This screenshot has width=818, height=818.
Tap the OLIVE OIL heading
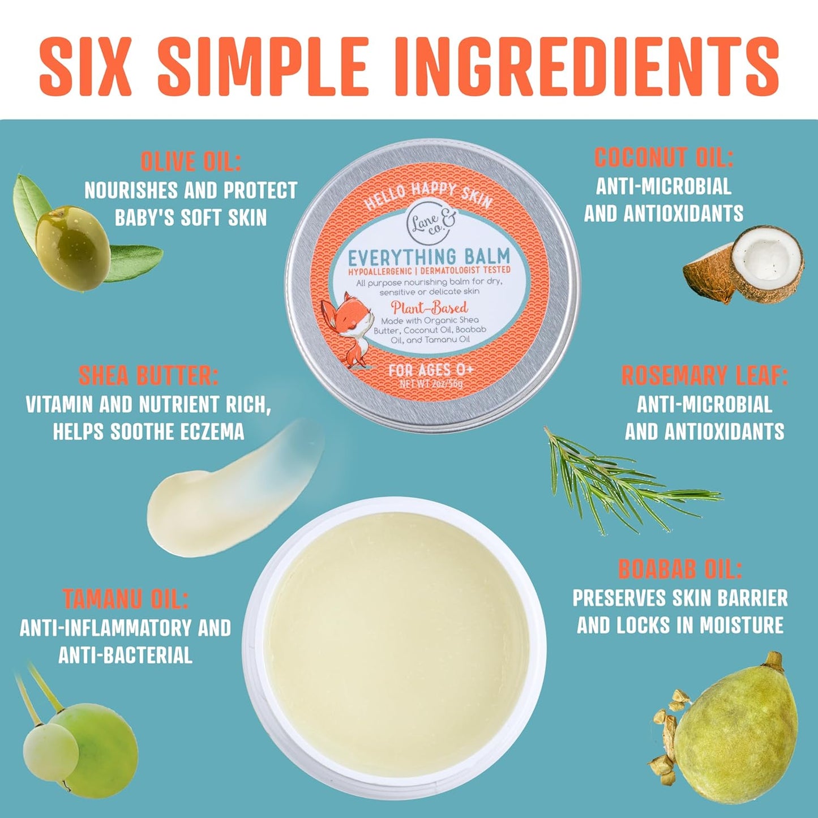tap(191, 161)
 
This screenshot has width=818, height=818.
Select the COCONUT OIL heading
tap(663, 157)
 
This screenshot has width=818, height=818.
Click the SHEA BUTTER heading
tap(148, 375)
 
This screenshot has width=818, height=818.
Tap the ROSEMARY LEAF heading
tap(704, 375)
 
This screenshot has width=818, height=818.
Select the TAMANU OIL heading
tap(125, 599)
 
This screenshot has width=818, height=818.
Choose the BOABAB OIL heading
tap(679, 569)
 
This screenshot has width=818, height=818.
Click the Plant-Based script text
tap(429, 307)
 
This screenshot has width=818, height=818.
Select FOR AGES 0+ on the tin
tap(431, 370)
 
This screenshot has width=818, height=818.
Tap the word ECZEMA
tap(212, 432)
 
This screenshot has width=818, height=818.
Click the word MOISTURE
tap(742, 625)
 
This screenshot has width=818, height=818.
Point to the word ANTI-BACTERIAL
tap(125, 655)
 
